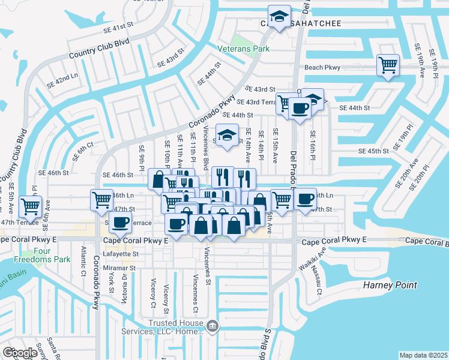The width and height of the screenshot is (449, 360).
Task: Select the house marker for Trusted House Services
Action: click(212, 326)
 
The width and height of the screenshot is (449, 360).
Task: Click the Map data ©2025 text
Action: click(423, 355)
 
